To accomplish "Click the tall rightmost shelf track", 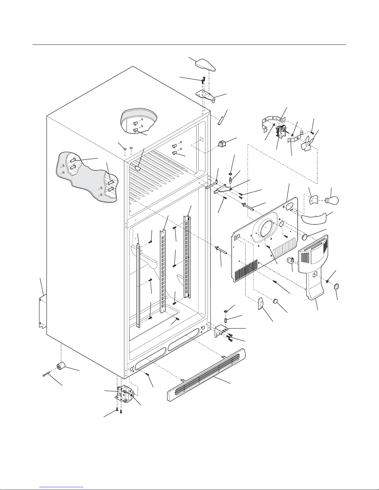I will [187, 257].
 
